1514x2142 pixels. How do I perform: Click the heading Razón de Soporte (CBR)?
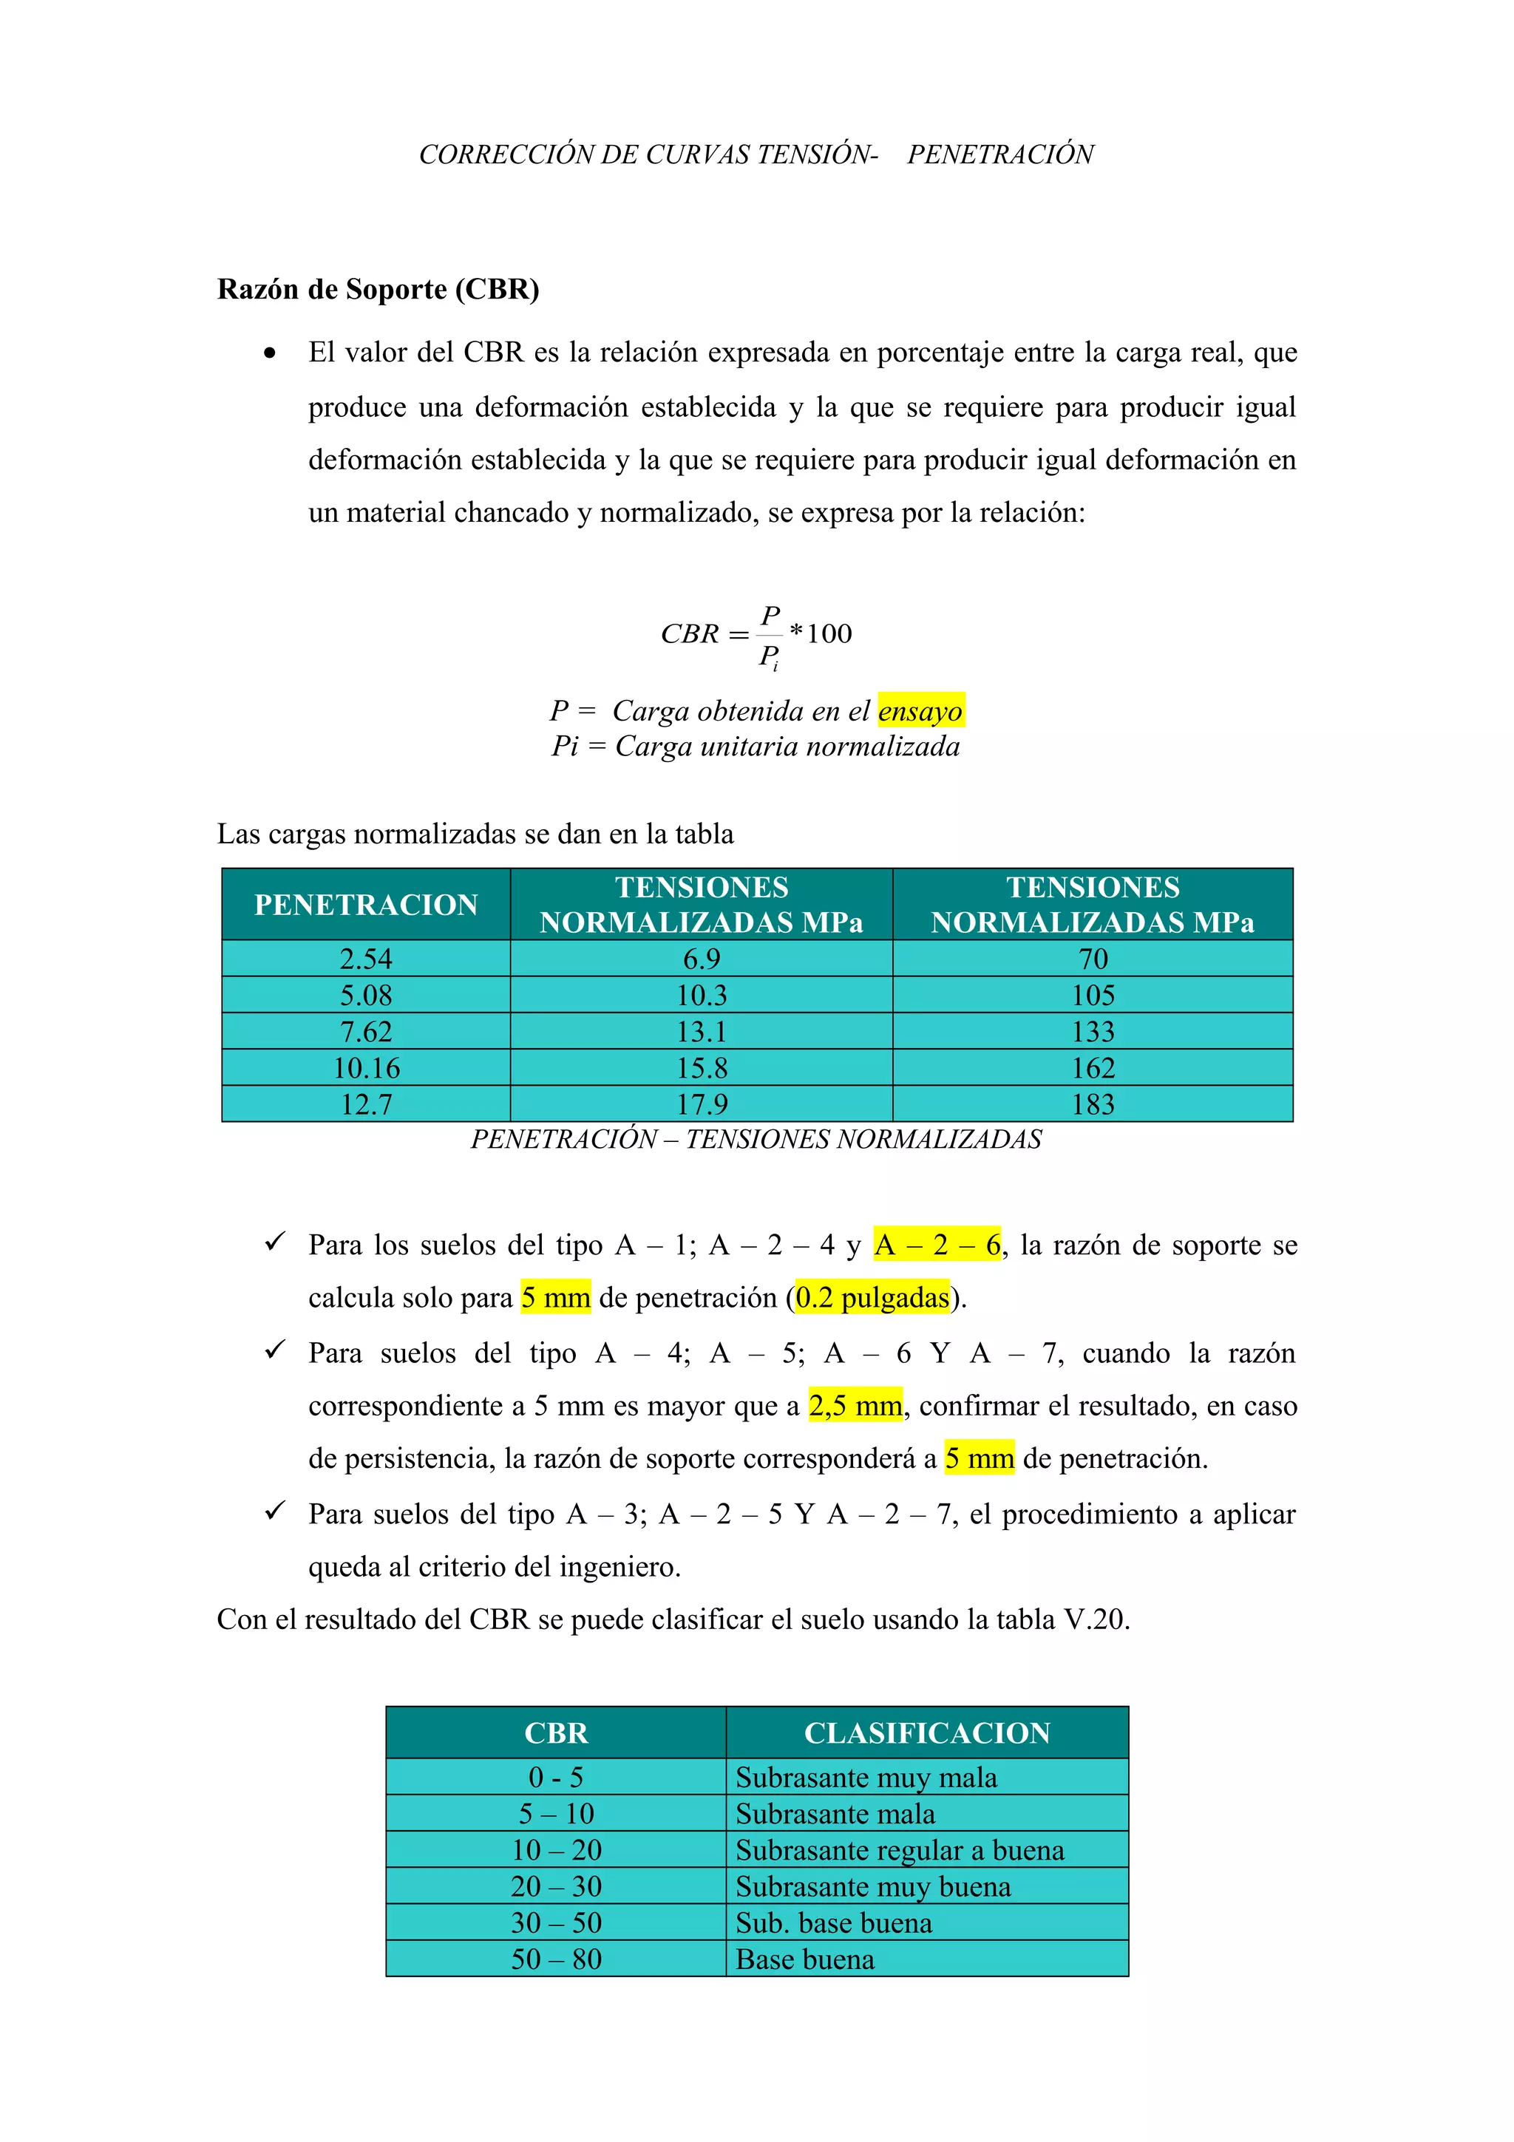pos(378,289)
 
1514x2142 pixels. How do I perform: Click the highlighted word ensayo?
pos(920,711)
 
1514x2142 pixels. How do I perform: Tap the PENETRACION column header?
pos(366,904)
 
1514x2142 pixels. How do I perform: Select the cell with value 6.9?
pos(702,959)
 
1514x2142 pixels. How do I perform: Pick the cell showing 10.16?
pos(366,1068)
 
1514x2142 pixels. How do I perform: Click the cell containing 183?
pos(1093,1104)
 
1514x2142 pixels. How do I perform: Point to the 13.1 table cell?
pos(702,1032)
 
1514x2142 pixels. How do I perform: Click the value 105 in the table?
pos(1093,996)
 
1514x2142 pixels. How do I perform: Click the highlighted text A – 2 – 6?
pos(937,1245)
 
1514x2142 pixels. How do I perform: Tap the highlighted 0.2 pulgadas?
pos(872,1298)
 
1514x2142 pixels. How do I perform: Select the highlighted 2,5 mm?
pos(855,1406)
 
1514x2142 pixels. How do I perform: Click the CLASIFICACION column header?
pos(926,1733)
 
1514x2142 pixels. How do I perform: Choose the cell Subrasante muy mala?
pos(866,1778)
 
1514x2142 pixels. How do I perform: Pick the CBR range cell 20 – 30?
pos(556,1886)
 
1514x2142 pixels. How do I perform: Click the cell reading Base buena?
pos(805,1959)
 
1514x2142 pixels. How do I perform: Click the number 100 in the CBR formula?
pos(829,633)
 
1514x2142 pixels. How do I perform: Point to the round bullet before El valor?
pos(270,353)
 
